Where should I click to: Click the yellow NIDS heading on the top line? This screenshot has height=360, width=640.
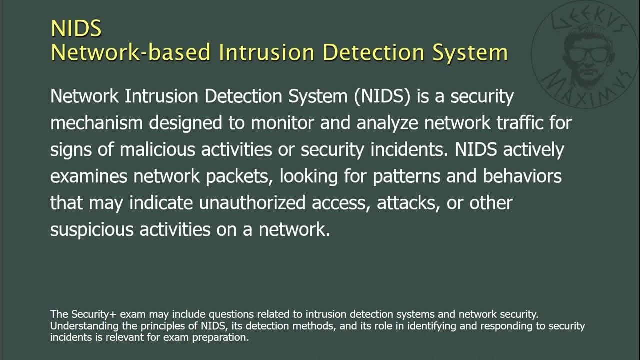[x=76, y=28]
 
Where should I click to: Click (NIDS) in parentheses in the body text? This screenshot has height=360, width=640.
[x=383, y=96]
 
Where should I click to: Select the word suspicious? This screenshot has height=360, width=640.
[x=92, y=230]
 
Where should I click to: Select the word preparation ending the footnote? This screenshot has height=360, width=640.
[x=223, y=337]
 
